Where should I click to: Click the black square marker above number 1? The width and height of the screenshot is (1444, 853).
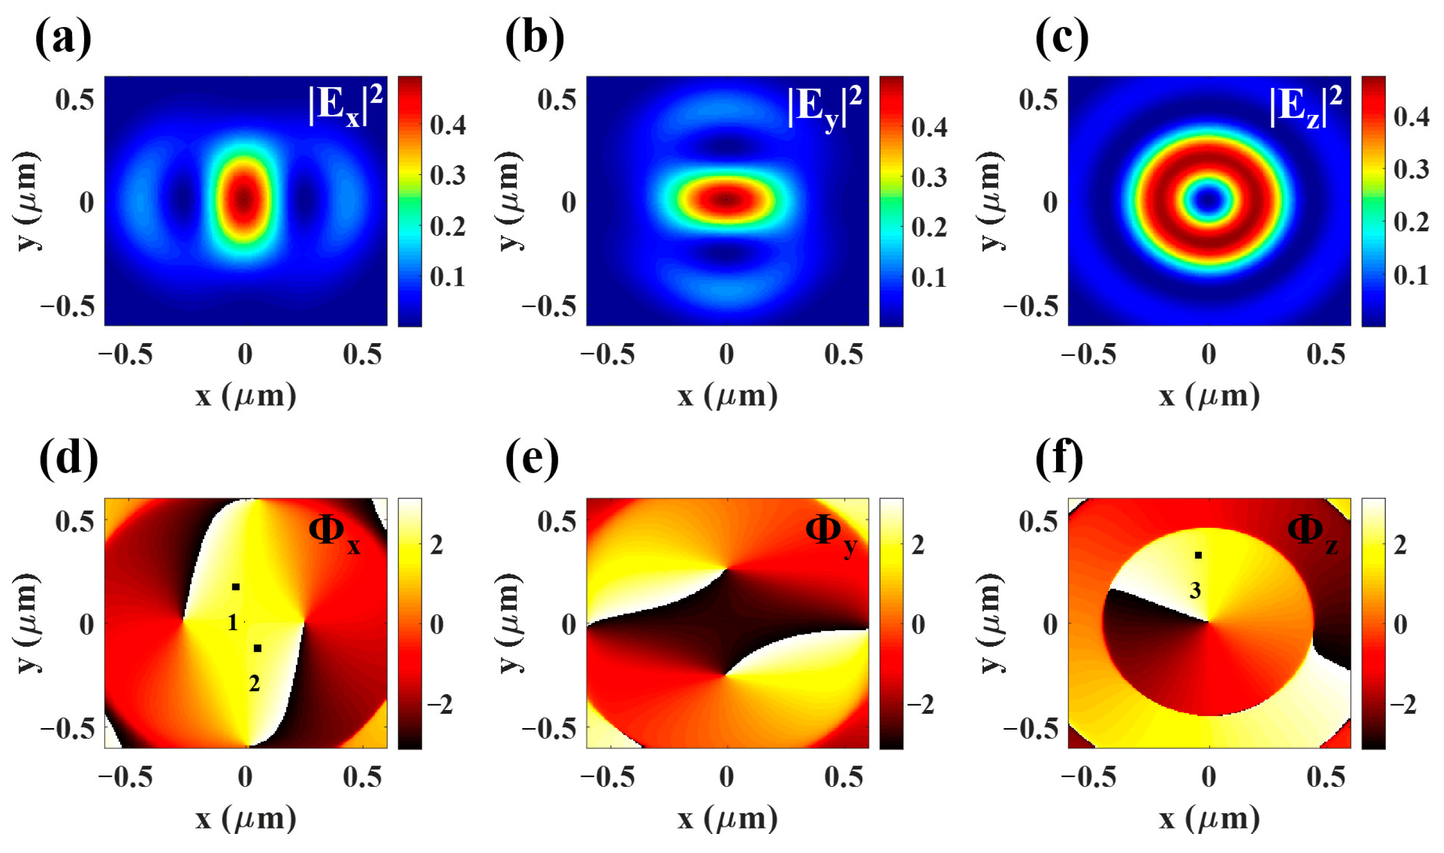(236, 587)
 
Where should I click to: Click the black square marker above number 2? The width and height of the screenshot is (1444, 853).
(257, 649)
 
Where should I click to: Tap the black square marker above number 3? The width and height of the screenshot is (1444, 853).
(1198, 555)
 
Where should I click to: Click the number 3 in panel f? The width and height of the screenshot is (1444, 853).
(1195, 591)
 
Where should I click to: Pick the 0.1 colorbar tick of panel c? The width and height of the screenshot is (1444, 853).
(1411, 275)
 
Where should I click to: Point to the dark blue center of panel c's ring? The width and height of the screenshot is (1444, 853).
(1210, 200)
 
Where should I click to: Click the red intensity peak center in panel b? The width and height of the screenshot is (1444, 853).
(726, 200)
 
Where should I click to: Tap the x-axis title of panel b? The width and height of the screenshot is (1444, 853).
(727, 396)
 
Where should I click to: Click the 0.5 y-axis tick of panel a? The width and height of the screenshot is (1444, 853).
(75, 100)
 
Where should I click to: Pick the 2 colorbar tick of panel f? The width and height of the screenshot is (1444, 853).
(1400, 545)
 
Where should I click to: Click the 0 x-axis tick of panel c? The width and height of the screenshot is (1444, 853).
(1209, 355)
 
